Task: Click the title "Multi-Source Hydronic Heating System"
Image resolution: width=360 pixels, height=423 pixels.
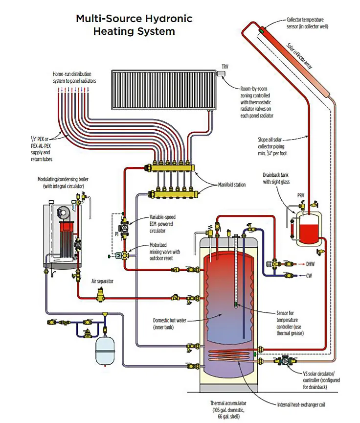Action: [134, 25]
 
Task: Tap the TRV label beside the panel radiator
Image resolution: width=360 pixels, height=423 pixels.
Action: [225, 66]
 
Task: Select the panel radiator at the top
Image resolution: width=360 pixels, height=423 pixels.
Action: [163, 90]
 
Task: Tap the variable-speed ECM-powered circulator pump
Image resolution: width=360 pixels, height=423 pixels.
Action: [125, 228]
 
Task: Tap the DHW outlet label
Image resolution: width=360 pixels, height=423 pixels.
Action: [310, 262]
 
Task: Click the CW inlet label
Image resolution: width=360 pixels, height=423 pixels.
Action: [309, 276]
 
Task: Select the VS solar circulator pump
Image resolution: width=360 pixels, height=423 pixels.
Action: [283, 361]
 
